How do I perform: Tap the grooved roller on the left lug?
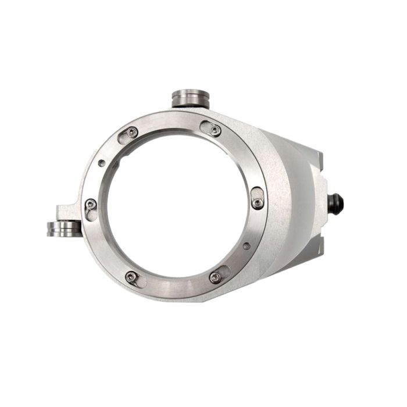63,228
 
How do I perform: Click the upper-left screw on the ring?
133,132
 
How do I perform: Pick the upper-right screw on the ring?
216,130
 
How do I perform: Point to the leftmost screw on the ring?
91,203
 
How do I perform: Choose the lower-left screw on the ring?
132,277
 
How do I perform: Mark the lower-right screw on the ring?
215,278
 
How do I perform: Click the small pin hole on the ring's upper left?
102,163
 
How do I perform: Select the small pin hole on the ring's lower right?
247,246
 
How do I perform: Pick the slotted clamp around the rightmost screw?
258,198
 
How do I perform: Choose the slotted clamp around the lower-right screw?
220,274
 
